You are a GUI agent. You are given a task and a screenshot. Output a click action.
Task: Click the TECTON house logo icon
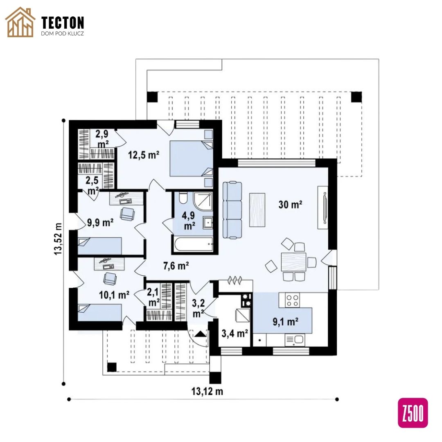pyautogui.click(x=20, y=22)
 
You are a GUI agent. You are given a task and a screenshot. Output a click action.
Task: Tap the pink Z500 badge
pyautogui.click(x=413, y=413)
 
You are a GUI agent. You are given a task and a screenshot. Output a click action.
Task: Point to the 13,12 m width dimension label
pyautogui.click(x=207, y=391)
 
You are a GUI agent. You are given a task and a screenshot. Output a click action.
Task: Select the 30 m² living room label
pyautogui.click(x=290, y=204)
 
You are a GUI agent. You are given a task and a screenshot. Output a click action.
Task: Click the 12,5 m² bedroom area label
pyautogui.click(x=144, y=155)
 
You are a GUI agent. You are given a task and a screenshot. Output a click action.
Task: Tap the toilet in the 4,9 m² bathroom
pyautogui.click(x=183, y=198)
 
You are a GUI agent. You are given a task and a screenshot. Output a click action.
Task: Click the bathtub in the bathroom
pyautogui.click(x=194, y=244)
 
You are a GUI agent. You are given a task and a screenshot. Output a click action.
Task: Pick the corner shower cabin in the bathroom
pyautogui.click(x=203, y=201)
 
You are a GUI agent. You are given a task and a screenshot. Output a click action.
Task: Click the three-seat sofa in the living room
pyautogui.click(x=232, y=210)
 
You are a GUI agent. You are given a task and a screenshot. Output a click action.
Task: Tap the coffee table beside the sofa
pyautogui.click(x=257, y=210)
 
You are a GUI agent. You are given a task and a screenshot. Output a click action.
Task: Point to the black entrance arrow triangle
pyautogui.click(x=201, y=334)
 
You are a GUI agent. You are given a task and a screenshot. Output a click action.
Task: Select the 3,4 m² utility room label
pyautogui.click(x=235, y=334)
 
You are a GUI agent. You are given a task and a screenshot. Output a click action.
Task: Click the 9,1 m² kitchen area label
pyautogui.click(x=286, y=322)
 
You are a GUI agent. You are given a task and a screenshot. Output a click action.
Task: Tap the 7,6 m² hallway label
pyautogui.click(x=176, y=266)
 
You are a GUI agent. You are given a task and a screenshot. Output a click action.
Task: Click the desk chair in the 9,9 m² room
pyautogui.click(x=127, y=214)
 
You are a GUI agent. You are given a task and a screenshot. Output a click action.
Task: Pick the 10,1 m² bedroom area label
pyautogui.click(x=114, y=295)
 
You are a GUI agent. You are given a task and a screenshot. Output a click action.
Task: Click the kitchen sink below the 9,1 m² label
pyautogui.click(x=295, y=340)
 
